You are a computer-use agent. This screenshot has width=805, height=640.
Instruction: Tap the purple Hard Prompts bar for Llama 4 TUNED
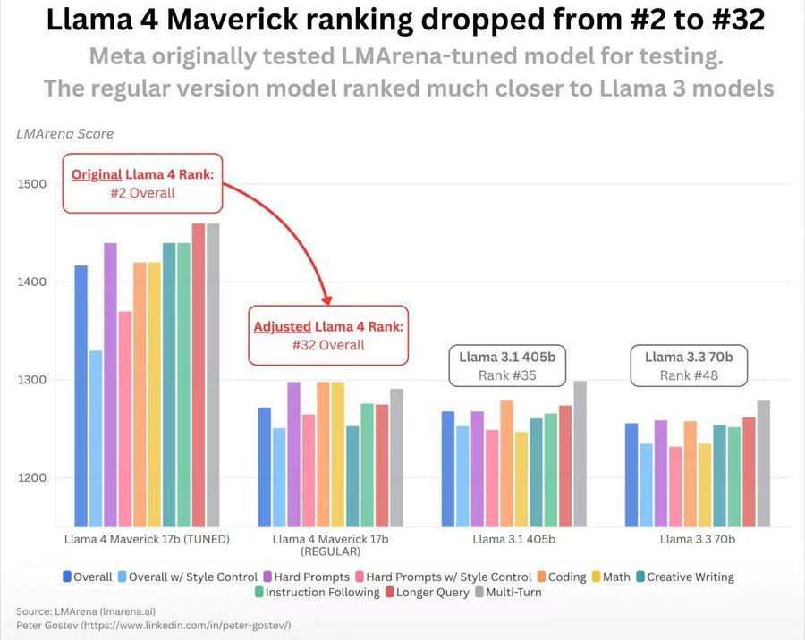pyautogui.click(x=110, y=384)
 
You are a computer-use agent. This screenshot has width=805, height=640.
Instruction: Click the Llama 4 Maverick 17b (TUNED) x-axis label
pyautogui.click(x=148, y=539)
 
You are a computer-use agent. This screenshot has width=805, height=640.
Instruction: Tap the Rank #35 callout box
pyautogui.click(x=506, y=366)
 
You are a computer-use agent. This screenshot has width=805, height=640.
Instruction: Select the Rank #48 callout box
pyautogui.click(x=689, y=366)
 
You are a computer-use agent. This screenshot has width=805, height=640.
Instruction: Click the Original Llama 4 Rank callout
pyautogui.click(x=142, y=183)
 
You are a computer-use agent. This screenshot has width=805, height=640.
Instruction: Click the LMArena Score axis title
pyautogui.click(x=65, y=134)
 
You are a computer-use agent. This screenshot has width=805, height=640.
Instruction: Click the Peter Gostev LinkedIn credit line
pyautogui.click(x=153, y=625)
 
